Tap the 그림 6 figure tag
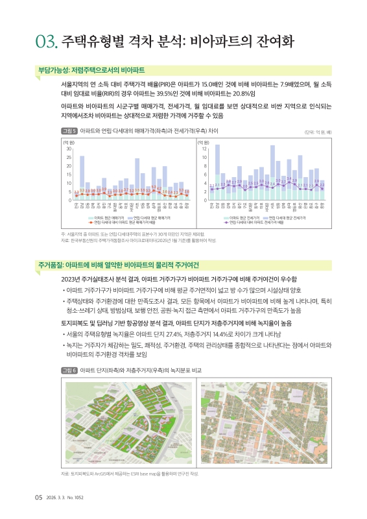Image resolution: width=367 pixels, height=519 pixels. tap(69, 370)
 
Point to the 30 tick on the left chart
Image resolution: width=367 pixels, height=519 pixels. tap(68, 149)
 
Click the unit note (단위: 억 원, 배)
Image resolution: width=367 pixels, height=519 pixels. tap(318, 132)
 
